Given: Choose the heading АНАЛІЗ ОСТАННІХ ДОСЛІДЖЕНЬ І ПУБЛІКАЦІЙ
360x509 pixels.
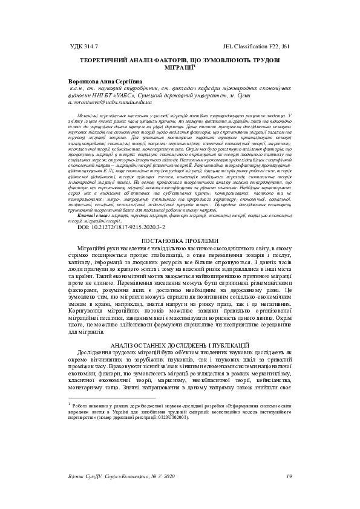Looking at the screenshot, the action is pyautogui.click(x=180, y=343).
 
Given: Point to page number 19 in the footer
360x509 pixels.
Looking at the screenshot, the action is pyautogui.click(x=289, y=476).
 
